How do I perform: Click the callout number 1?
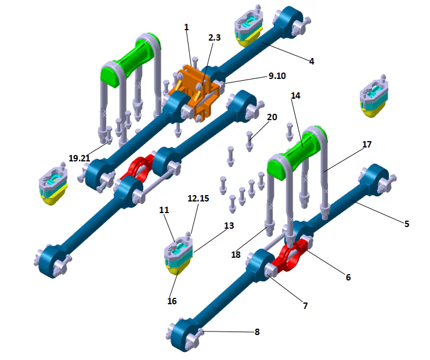186,28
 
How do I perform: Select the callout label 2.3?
215,38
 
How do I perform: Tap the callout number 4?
312,60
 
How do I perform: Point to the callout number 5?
406,224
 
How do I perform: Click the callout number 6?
348,278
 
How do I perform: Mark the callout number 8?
257,332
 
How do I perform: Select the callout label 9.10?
277,75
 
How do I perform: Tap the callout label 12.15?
198,199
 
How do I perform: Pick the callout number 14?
295,96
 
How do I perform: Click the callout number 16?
172,301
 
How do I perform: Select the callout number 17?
366,143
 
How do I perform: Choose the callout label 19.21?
80,158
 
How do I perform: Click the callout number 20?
272,117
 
